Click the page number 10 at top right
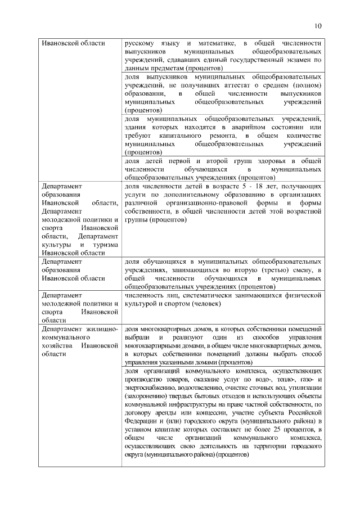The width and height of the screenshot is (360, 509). [x=318, y=26]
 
